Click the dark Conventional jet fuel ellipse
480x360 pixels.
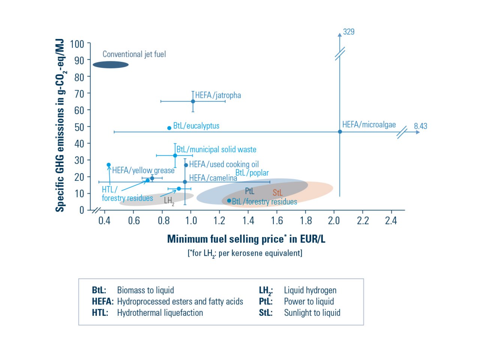tap(111, 65)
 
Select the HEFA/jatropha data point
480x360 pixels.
tap(193, 101)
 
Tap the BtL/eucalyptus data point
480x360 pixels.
tap(169, 128)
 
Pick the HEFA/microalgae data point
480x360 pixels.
tap(340, 132)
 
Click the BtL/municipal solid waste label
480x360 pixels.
tap(216, 149)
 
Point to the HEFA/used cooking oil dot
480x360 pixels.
tap(186, 165)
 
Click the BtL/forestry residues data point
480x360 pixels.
tap(229, 201)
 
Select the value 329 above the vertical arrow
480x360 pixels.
tap(349, 32)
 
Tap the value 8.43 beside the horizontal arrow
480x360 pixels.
tap(420, 126)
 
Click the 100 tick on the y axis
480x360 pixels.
tap(77, 44)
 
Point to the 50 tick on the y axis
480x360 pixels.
tap(79, 127)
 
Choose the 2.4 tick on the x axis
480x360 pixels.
tap(391, 220)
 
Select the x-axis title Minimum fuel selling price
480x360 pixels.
tap(246, 239)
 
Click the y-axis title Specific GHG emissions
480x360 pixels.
tap(60, 126)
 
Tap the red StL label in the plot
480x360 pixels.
tap(277, 193)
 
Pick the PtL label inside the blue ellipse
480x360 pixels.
tap(249, 191)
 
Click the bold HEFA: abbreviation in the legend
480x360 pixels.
tap(102, 301)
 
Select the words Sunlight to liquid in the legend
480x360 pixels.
tap(312, 313)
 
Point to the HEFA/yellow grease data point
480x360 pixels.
tap(109, 165)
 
